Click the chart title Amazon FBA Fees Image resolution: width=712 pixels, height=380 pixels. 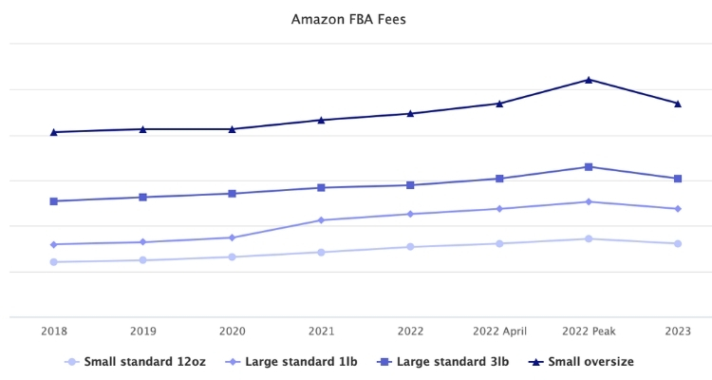tap(348, 18)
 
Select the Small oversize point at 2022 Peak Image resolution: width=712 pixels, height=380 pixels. tap(589, 80)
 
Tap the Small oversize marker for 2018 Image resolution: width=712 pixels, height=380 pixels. tap(54, 132)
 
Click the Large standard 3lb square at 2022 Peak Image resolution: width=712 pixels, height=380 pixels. tap(589, 167)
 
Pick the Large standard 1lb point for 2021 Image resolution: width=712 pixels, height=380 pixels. tap(321, 220)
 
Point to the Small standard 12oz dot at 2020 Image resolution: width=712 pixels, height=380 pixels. tap(233, 256)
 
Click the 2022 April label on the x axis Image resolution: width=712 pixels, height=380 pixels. tap(499, 331)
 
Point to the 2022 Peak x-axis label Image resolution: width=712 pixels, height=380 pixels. tap(589, 331)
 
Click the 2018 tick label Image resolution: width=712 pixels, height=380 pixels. tap(54, 331)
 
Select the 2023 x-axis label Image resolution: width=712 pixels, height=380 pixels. tap(678, 331)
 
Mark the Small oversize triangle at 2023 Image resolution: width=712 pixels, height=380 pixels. tap(678, 104)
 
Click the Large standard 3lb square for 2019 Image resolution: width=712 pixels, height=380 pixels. tap(143, 198)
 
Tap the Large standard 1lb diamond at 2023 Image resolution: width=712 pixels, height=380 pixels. tap(678, 209)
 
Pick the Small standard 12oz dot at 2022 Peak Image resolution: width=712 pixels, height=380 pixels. tap(589, 238)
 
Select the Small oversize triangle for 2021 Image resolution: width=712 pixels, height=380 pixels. tap(321, 120)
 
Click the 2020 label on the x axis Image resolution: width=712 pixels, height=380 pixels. tap(233, 331)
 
